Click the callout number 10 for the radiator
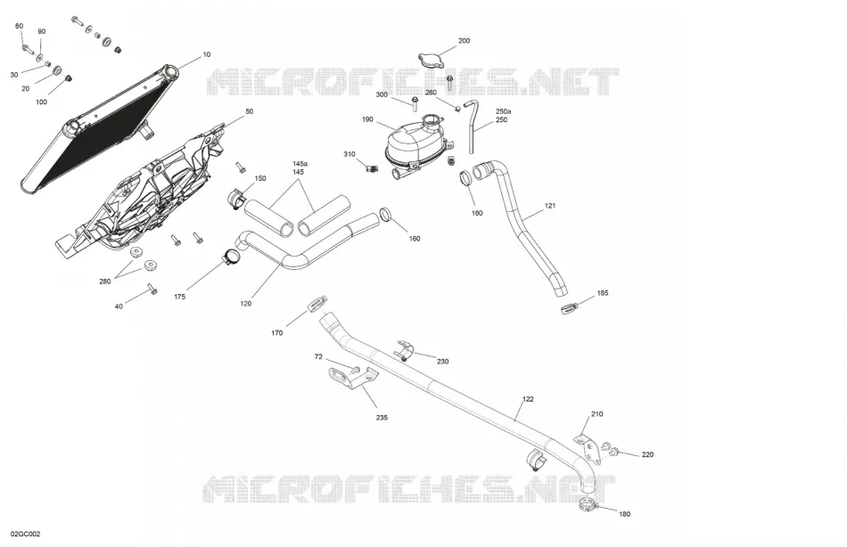tap(206, 54)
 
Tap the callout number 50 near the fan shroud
tap(249, 111)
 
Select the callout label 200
tap(464, 40)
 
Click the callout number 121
tap(550, 206)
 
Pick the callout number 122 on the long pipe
tap(528, 399)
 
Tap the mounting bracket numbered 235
tap(352, 376)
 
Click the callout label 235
tap(382, 418)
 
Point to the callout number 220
tap(647, 454)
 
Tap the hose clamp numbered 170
tap(317, 304)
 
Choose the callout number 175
tap(180, 297)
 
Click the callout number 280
tap(105, 282)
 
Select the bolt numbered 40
tap(152, 289)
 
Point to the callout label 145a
tap(300, 164)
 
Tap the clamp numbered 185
tap(570, 308)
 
